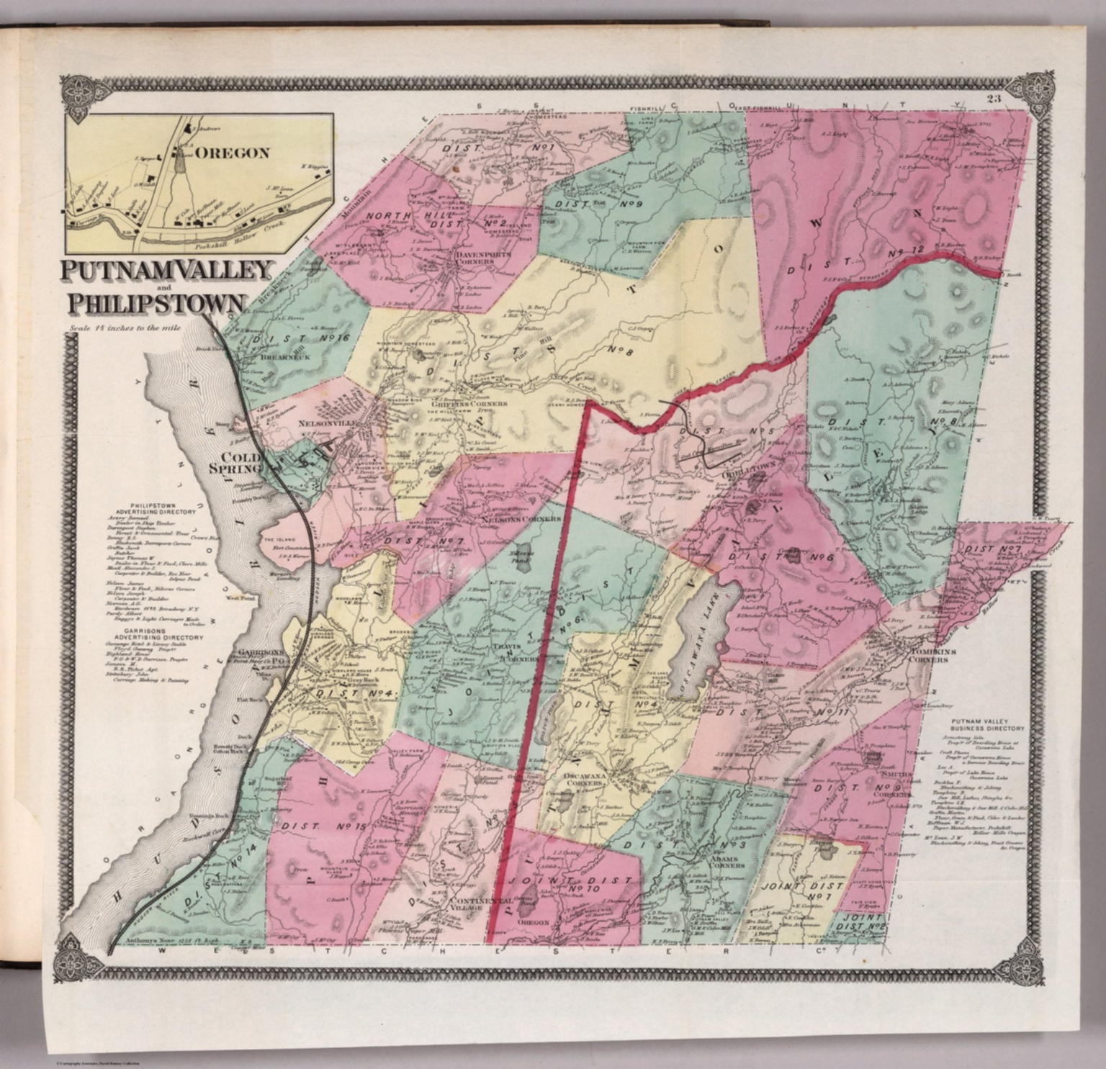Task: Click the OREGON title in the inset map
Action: (234, 153)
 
